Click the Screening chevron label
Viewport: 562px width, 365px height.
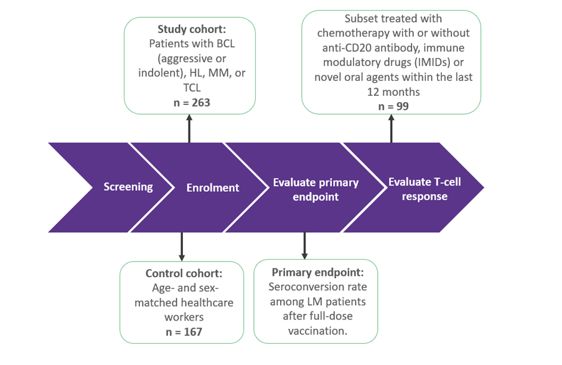pos(128,187)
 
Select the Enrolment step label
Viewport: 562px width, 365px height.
pos(213,187)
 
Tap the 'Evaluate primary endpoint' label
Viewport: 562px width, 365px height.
pos(316,189)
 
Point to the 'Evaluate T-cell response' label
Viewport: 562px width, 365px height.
pos(424,189)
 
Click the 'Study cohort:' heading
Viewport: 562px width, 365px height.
pos(192,29)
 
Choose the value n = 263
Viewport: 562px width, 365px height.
pos(192,103)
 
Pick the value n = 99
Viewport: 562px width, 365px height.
pos(393,107)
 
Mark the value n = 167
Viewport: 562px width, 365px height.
pos(184,332)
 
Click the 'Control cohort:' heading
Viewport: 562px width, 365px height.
pos(184,273)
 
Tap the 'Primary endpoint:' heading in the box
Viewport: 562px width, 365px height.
pos(317,272)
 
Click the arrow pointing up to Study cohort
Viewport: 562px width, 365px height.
pos(189,128)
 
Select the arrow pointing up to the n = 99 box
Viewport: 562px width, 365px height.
pos(391,128)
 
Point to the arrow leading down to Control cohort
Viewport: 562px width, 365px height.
pos(182,247)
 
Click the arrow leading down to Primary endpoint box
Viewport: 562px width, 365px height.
pos(305,245)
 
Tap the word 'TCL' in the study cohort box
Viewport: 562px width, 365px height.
pos(192,88)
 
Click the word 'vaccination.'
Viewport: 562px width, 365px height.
pos(317,331)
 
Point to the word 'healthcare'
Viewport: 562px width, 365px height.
pos(208,303)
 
